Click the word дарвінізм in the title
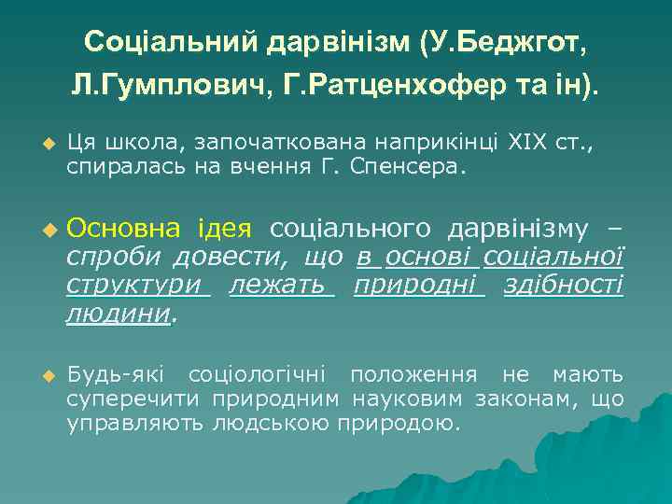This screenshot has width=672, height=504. [x=338, y=42]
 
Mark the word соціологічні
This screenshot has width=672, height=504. [x=257, y=375]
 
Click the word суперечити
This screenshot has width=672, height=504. [x=135, y=399]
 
